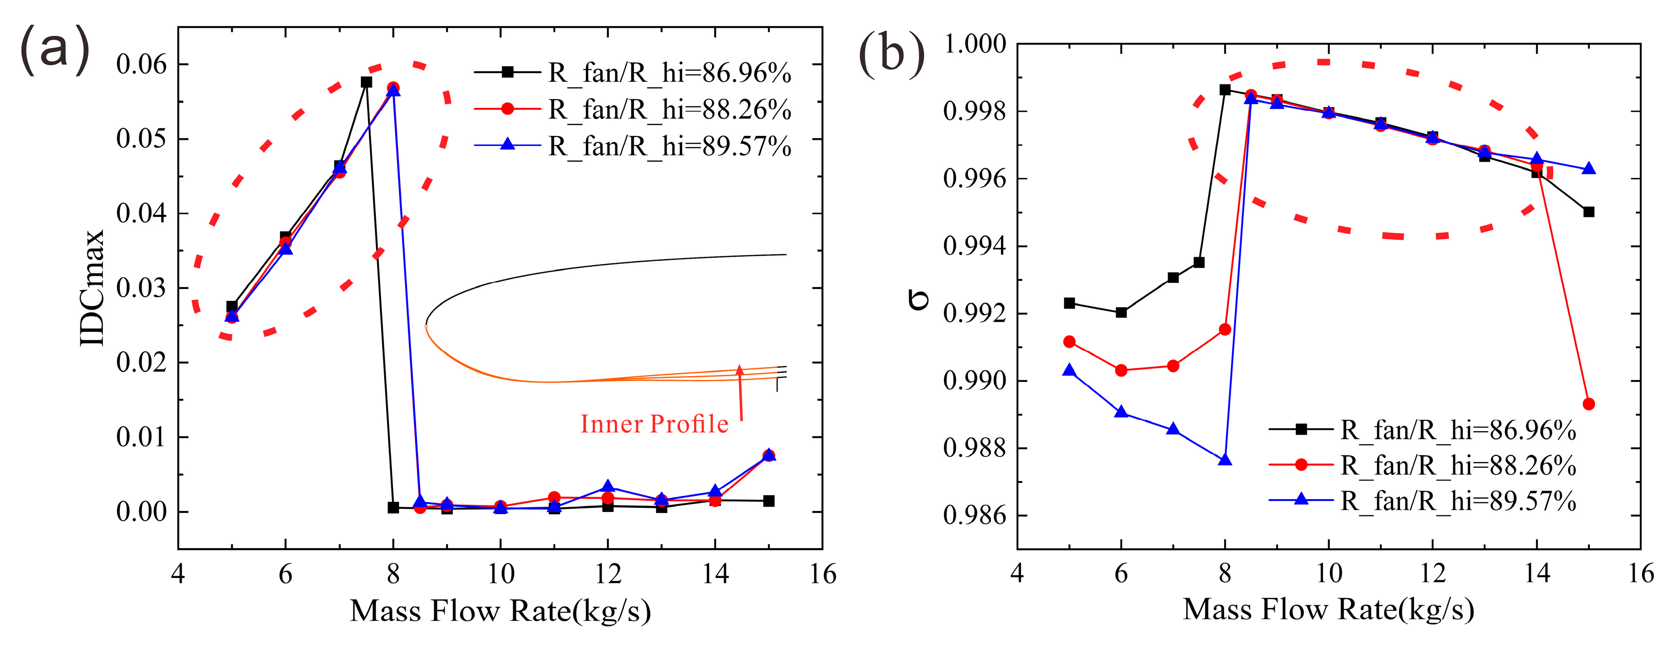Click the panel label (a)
(x=55, y=49)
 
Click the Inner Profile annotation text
(x=654, y=424)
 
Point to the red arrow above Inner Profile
(x=740, y=393)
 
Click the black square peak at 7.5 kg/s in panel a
(x=366, y=82)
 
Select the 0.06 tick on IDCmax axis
(x=141, y=64)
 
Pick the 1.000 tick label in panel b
(x=974, y=44)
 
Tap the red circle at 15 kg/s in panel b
(x=1588, y=404)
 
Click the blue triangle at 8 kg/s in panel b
(x=1225, y=460)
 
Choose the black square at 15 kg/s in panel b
(x=1588, y=212)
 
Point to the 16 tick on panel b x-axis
(x=1640, y=573)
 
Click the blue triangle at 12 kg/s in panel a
(x=608, y=486)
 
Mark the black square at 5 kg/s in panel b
(x=1070, y=303)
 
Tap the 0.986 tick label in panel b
(x=974, y=515)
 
